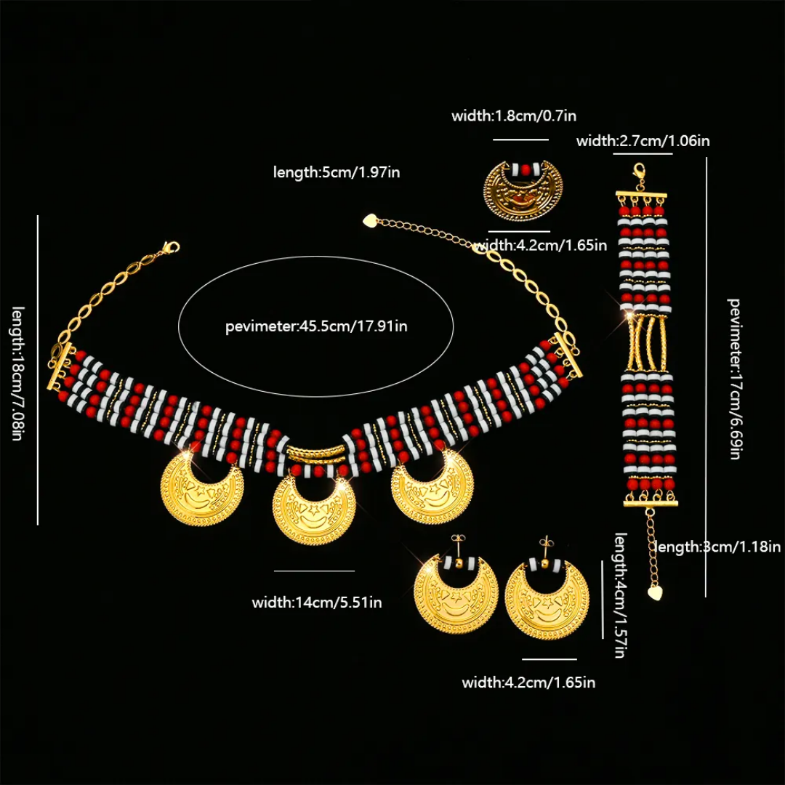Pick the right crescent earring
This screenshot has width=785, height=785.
(547, 599)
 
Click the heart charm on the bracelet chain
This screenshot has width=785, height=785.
(656, 592)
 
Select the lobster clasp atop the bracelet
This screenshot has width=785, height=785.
(640, 172)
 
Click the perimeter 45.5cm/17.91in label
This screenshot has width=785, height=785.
(316, 326)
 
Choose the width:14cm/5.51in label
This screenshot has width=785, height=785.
(317, 602)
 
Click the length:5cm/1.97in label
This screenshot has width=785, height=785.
(337, 172)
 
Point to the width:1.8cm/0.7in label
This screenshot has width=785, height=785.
(514, 116)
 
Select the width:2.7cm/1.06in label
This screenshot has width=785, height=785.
(643, 141)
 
